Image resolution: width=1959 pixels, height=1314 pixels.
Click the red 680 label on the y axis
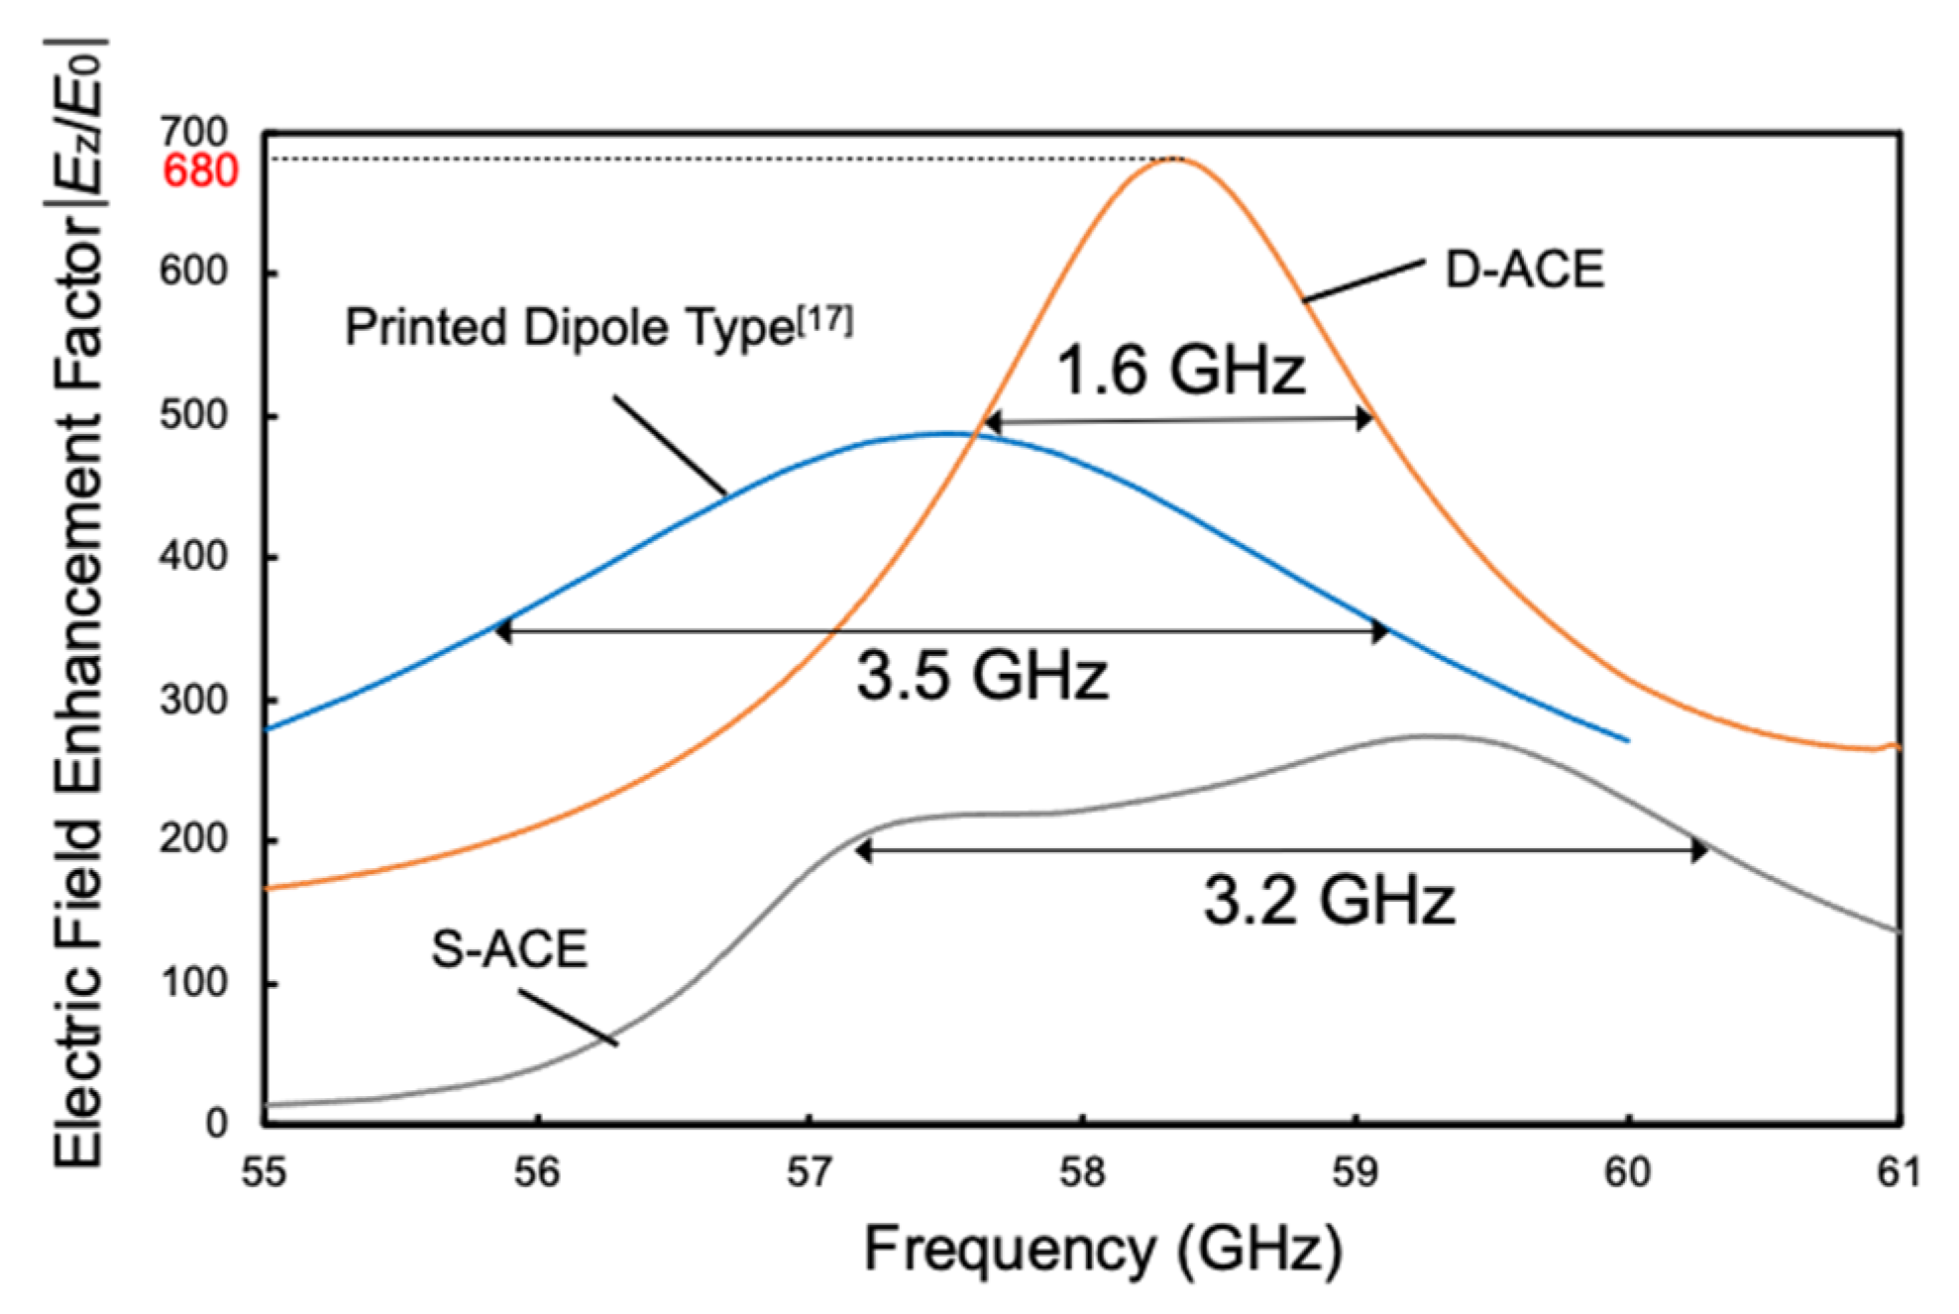[x=200, y=171]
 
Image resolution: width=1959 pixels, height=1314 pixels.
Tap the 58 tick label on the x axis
[x=1081, y=1172]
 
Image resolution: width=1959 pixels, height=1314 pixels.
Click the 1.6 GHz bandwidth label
[x=1180, y=370]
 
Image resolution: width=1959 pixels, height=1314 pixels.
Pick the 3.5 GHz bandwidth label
[x=982, y=677]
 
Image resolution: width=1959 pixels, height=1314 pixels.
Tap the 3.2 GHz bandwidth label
[x=1329, y=901]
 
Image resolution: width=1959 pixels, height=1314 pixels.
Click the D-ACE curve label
[x=1524, y=270]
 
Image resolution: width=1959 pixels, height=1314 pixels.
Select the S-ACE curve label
[x=509, y=948]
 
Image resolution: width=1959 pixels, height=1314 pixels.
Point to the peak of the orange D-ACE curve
[x=1173, y=159]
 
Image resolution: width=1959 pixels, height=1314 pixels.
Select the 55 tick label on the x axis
[x=265, y=1172]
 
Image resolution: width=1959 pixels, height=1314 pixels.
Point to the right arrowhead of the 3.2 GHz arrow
[x=1700, y=850]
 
